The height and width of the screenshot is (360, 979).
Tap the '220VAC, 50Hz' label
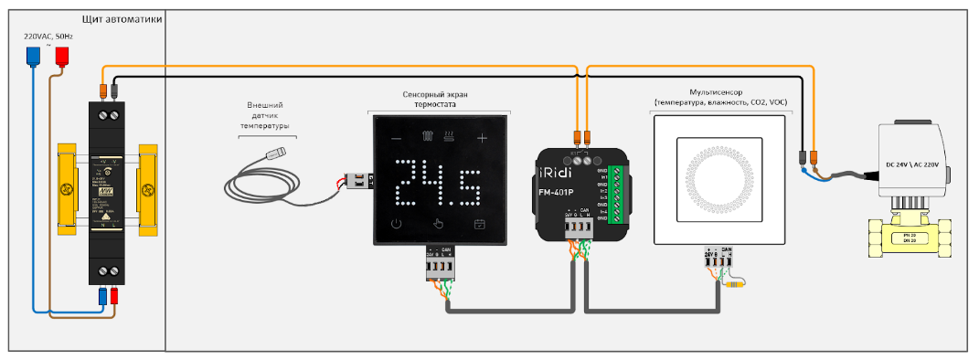(48, 36)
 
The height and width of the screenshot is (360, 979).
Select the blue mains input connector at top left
(34, 56)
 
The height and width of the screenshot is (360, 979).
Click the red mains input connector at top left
(62, 56)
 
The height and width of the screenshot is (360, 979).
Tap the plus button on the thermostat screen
(482, 138)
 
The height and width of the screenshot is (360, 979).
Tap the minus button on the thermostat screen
(396, 138)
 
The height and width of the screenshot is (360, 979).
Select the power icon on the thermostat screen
(396, 224)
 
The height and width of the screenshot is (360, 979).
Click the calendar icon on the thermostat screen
(478, 224)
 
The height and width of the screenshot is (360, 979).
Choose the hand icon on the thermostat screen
(438, 224)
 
